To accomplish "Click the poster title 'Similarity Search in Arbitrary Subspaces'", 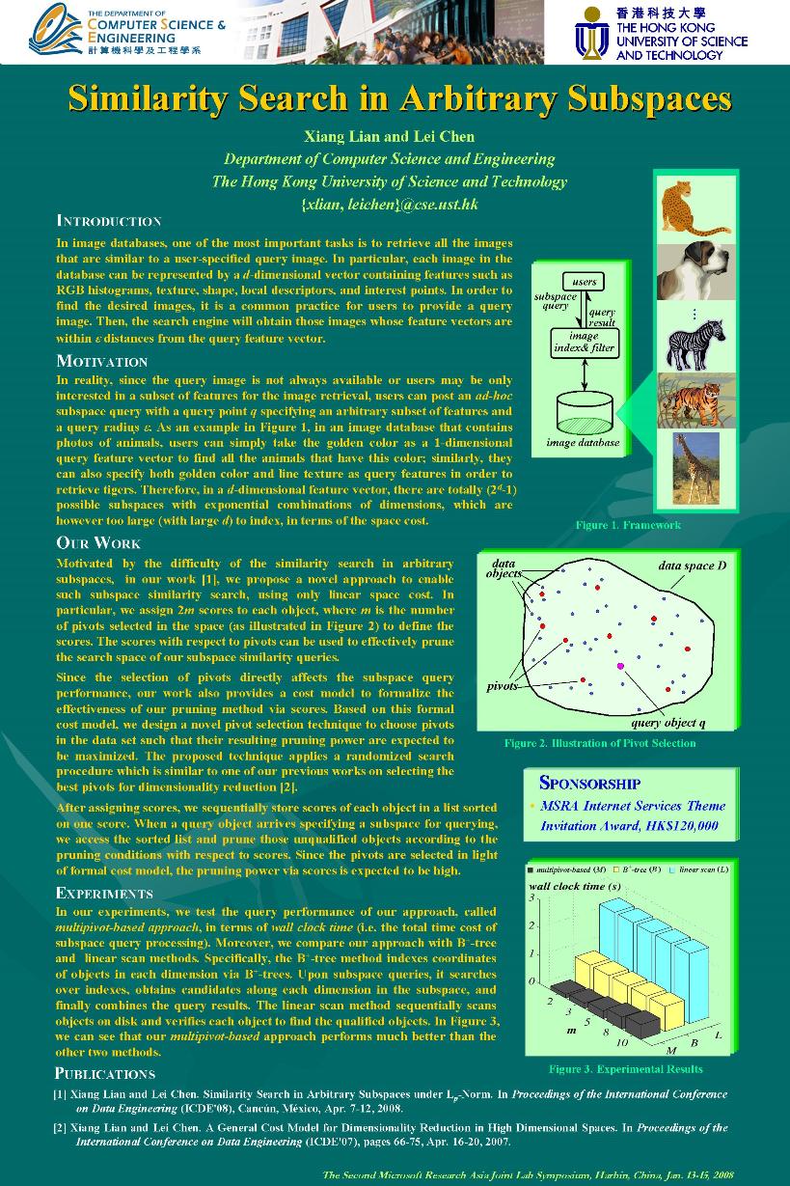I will [x=399, y=98].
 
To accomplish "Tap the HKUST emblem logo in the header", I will [x=590, y=33].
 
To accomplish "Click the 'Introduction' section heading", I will [x=108, y=221].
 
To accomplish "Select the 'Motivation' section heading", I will [x=101, y=362].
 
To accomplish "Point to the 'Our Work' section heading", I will [x=98, y=542].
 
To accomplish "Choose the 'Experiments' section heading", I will [x=104, y=893].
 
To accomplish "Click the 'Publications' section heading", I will [x=104, y=1073].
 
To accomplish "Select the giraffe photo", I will [x=695, y=467].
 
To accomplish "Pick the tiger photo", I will [x=695, y=398].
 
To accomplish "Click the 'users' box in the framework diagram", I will [x=584, y=282].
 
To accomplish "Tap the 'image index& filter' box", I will [x=584, y=343].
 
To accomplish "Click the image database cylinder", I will [x=584, y=412].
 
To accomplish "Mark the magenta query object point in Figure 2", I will [x=620, y=666].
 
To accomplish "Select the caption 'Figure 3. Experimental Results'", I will [x=625, y=1068].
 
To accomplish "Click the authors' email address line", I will [x=390, y=205].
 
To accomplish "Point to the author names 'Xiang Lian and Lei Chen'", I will [x=390, y=136].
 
